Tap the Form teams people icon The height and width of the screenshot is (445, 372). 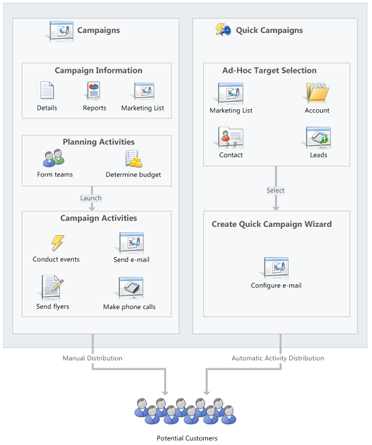(x=54, y=159)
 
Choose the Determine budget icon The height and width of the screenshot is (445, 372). (x=133, y=159)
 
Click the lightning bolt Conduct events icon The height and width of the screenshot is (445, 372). (x=56, y=243)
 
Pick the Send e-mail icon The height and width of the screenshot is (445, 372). (x=131, y=243)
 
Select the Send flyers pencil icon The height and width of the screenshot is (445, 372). (x=53, y=287)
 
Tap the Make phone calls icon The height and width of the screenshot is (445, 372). (x=129, y=288)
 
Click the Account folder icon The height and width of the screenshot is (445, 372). (x=317, y=93)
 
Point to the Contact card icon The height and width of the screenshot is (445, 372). (x=230, y=137)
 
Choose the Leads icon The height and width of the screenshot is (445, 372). (x=318, y=137)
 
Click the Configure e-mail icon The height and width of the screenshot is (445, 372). (x=276, y=268)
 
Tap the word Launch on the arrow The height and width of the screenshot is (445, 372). (x=91, y=198)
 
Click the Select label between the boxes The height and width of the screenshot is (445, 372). (x=276, y=190)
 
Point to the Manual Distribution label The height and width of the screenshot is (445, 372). (x=92, y=358)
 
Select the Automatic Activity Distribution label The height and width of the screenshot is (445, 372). (x=278, y=358)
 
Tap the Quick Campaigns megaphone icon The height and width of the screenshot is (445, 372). (x=223, y=29)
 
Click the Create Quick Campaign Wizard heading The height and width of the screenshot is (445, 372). (x=271, y=224)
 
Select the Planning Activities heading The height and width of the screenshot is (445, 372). (x=98, y=142)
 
